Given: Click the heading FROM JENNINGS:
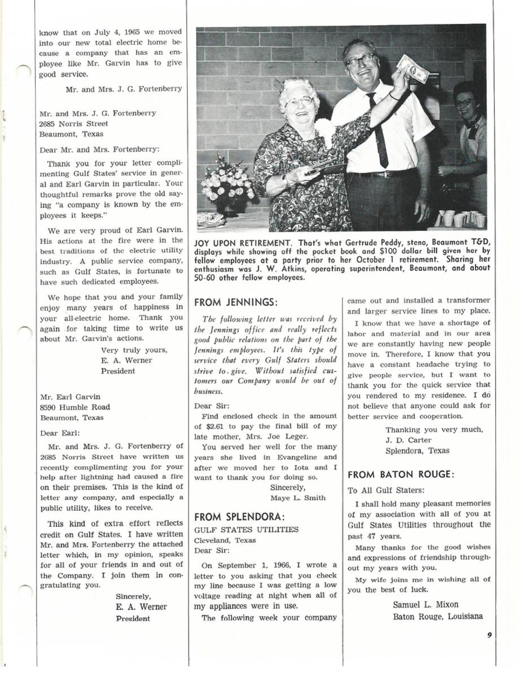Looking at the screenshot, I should (x=236, y=302).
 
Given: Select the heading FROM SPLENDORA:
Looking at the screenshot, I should (x=239, y=517).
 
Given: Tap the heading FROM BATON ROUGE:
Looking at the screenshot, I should (x=401, y=474).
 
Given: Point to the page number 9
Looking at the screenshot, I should (x=489, y=634).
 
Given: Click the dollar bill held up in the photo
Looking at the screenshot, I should (x=412, y=68).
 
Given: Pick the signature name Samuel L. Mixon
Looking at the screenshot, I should (x=426, y=605).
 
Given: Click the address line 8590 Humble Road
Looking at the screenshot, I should (x=74, y=407).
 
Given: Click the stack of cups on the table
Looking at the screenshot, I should (x=458, y=218).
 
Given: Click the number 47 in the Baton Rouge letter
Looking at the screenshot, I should (x=372, y=537).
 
